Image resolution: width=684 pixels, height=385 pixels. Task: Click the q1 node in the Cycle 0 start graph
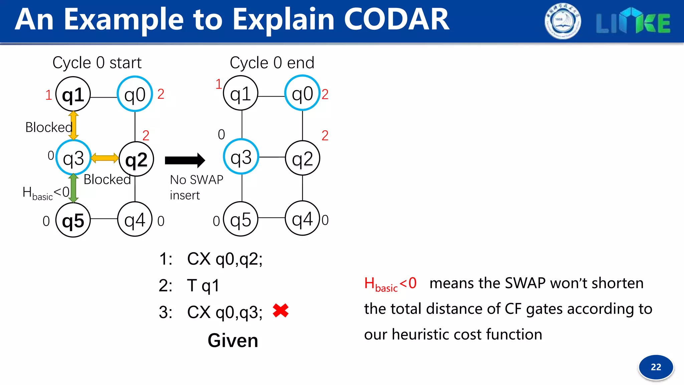73,95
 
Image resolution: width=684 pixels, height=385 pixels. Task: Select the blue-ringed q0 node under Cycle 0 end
303,93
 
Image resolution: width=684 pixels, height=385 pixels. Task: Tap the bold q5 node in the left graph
73,220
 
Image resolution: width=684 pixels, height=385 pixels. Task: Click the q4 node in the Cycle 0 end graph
303,219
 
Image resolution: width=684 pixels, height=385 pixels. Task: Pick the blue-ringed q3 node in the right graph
241,157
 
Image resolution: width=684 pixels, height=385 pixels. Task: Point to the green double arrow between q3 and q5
73,188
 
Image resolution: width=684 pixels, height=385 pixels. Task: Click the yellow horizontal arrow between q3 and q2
105,158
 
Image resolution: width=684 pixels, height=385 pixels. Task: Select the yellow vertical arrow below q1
73,125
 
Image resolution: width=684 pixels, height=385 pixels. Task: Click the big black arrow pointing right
185,160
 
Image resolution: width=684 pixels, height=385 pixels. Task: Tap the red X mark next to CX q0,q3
281,310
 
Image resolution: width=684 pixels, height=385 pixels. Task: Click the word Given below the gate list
233,341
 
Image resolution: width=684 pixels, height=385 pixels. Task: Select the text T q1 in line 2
203,286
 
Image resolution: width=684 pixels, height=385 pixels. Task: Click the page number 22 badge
656,367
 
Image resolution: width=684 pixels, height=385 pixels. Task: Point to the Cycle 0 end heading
272,62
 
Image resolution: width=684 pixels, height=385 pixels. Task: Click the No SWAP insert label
196,187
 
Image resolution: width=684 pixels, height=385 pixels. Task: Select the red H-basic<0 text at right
390,284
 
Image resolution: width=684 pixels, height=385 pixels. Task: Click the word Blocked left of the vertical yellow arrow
49,127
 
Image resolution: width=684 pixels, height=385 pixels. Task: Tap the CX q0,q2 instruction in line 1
224,259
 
